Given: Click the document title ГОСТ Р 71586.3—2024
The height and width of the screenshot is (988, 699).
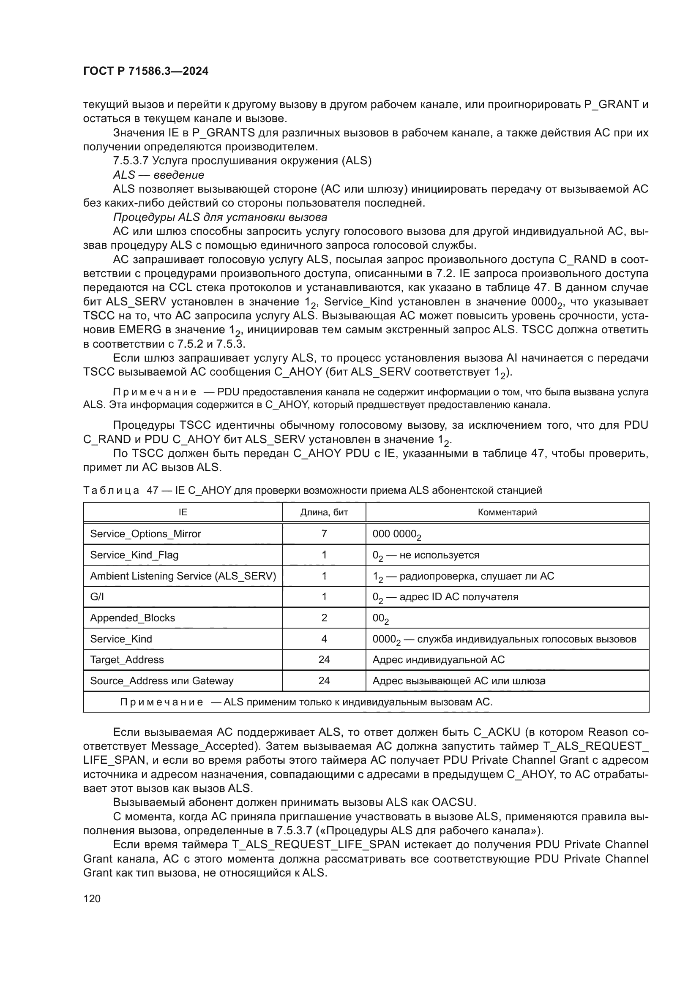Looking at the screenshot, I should click(x=145, y=71).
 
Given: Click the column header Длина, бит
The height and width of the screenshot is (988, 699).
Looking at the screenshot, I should click(x=324, y=512).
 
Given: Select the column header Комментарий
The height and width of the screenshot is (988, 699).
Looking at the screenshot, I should click(x=507, y=512).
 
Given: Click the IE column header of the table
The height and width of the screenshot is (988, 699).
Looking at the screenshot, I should click(x=183, y=512).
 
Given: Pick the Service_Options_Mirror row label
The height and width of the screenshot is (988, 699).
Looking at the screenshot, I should click(x=145, y=533).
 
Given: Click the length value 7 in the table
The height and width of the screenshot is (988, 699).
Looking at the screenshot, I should click(x=324, y=533).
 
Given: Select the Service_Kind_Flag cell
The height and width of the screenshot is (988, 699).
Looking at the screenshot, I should click(x=134, y=555).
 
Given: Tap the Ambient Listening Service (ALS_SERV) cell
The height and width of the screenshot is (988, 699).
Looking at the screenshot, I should click(x=183, y=576).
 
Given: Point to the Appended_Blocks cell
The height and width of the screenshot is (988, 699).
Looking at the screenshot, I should click(x=133, y=618).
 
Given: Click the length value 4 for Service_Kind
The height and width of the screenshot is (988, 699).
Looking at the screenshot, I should click(x=324, y=639).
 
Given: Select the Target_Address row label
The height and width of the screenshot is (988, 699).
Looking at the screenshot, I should click(x=127, y=660).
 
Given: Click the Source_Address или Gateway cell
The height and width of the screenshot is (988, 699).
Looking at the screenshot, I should click(x=162, y=681).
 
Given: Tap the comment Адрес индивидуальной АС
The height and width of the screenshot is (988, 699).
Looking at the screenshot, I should click(x=438, y=660).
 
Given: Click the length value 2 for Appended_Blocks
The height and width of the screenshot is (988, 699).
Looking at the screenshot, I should click(x=324, y=618).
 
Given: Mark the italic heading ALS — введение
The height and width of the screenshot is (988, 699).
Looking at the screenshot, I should click(x=158, y=175).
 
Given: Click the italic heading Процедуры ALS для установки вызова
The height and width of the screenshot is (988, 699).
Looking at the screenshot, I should click(x=220, y=217).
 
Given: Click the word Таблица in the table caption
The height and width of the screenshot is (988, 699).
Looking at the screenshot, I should click(x=111, y=490).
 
